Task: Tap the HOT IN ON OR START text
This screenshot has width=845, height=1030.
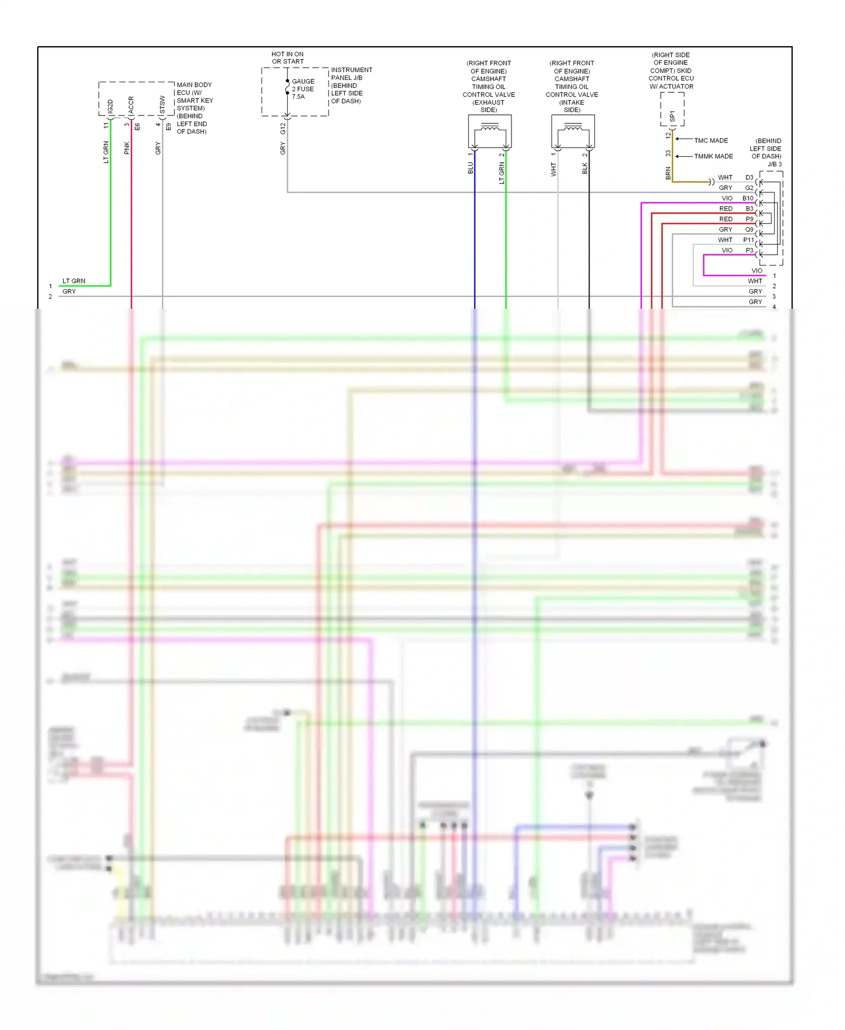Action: pyautogui.click(x=287, y=58)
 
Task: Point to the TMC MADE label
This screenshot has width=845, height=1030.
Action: pyautogui.click(x=711, y=140)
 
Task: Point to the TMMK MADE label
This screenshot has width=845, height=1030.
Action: pyautogui.click(x=713, y=156)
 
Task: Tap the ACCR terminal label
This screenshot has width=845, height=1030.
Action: pyautogui.click(x=131, y=105)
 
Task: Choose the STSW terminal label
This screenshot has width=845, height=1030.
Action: pyautogui.click(x=162, y=105)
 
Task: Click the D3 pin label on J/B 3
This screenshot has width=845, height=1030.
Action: pyautogui.click(x=749, y=177)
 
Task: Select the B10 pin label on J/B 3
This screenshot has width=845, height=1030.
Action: pyautogui.click(x=748, y=198)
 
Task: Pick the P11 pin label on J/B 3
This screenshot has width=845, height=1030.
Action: pyautogui.click(x=748, y=240)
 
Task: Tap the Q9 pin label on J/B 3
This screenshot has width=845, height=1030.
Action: pyautogui.click(x=749, y=229)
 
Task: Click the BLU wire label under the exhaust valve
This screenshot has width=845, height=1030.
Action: pyautogui.click(x=470, y=168)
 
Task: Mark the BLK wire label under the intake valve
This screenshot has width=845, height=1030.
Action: pyautogui.click(x=585, y=168)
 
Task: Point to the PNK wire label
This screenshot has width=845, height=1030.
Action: pyautogui.click(x=127, y=148)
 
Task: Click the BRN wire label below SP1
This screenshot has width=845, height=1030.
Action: pyautogui.click(x=668, y=173)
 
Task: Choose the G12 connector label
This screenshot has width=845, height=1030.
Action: pyautogui.click(x=283, y=128)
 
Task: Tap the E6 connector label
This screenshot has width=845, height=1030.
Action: pyautogui.click(x=137, y=127)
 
